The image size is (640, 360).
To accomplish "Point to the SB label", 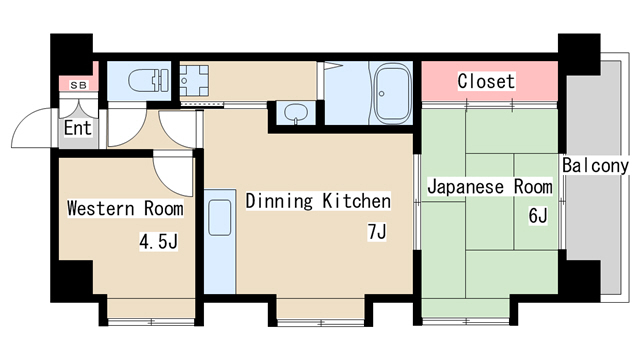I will pos(77,86).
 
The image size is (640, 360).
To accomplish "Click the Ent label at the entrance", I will pos(77,129).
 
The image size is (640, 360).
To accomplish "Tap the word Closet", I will pos(486,81).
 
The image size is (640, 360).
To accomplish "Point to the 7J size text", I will pos(376,233).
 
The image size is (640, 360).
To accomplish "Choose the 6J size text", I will pos(538,215).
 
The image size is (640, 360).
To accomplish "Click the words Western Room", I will pos(124,209).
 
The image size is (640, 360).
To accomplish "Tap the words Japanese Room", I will pos(490,187).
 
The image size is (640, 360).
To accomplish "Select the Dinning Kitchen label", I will pos(318,201).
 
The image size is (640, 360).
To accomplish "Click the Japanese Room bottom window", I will pos(466,321).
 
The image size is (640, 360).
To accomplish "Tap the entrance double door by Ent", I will pos(30,128).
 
